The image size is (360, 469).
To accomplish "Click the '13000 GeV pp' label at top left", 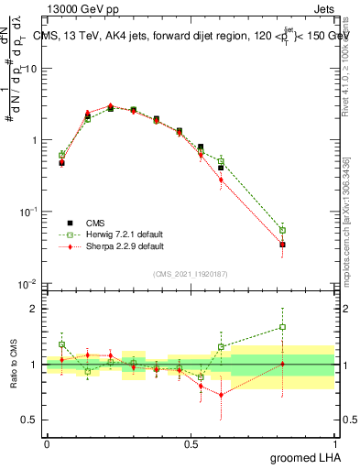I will click(81, 9).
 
